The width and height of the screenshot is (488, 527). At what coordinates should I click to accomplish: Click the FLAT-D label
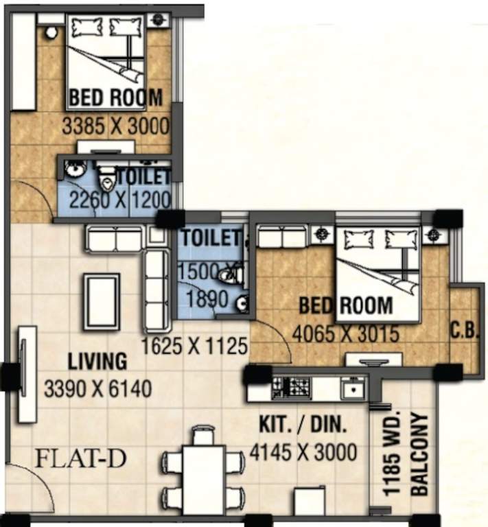tap(80, 458)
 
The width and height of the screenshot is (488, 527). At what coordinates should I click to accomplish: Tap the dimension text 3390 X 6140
tap(97, 390)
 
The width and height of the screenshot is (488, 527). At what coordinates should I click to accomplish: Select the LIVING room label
tap(97, 361)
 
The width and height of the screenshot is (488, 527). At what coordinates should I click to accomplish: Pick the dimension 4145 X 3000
tap(307, 453)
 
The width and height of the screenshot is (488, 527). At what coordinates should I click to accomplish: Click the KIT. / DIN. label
tap(303, 426)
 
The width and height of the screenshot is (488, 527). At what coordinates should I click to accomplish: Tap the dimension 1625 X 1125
tap(194, 346)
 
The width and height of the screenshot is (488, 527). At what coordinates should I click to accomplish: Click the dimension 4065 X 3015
tap(345, 334)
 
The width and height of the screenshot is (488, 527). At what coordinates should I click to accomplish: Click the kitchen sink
tap(353, 389)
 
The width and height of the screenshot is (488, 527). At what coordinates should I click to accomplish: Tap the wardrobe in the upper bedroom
tap(23, 62)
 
